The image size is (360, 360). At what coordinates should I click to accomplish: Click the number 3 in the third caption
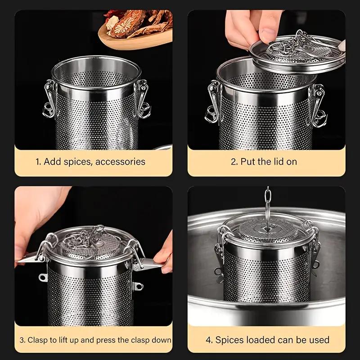click(x=22, y=340)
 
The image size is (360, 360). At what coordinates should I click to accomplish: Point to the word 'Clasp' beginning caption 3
click(x=39, y=340)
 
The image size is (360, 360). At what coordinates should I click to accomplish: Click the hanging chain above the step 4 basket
click(x=268, y=202)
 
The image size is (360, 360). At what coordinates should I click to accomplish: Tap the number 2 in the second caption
click(x=234, y=162)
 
